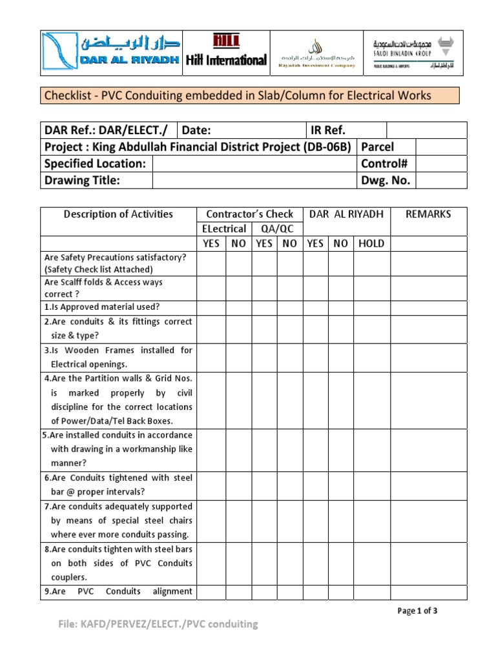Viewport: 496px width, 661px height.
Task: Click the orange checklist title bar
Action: (250, 96)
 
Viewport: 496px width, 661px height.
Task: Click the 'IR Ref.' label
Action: (328, 130)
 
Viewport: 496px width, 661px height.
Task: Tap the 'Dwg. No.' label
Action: (386, 180)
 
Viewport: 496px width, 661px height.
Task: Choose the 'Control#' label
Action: (386, 163)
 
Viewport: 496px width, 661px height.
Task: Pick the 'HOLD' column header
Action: (370, 243)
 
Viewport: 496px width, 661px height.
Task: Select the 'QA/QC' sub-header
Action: (276, 229)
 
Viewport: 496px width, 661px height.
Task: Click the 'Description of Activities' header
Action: (118, 214)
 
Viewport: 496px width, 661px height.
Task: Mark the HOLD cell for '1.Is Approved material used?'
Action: (370, 307)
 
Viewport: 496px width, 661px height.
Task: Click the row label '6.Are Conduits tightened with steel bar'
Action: (118, 484)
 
